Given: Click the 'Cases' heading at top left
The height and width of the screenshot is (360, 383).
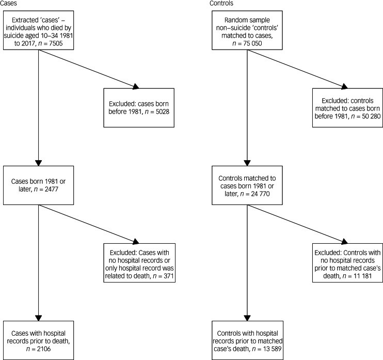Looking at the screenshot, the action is [8, 3].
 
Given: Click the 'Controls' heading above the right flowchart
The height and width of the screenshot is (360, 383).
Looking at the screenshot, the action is [221, 3].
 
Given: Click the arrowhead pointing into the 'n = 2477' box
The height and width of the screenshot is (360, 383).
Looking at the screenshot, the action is [38, 163].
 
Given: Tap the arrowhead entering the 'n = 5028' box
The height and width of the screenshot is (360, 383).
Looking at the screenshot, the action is [136, 86].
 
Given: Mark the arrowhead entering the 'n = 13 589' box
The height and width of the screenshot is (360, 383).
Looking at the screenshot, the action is [247, 318].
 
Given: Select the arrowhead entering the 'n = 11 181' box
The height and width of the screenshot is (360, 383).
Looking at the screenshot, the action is [344, 242].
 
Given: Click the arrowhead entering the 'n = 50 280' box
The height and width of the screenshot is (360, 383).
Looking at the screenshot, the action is [344, 86].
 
